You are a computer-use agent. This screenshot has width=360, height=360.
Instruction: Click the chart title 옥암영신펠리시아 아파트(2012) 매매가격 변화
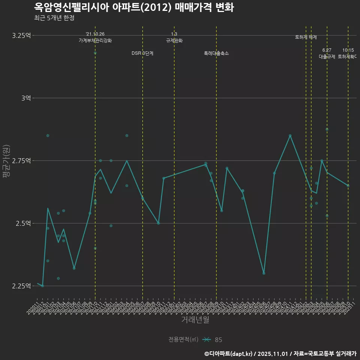coord(134,7)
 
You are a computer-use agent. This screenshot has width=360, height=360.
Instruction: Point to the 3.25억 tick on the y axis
coord(21,36)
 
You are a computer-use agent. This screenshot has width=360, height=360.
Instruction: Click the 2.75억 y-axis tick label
coord(21,160)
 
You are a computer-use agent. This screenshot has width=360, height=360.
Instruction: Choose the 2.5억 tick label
coord(23,223)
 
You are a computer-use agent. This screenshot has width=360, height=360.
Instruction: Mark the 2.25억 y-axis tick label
coord(21,286)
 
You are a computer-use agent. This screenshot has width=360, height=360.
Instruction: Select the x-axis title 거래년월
coord(195,320)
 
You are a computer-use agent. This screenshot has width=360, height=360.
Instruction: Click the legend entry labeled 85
coord(218,340)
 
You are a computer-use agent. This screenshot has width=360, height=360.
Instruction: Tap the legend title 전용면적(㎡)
coord(183,340)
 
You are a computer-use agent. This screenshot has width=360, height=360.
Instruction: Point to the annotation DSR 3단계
coord(142,53)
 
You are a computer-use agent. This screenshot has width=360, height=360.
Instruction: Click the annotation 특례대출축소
coord(216,53)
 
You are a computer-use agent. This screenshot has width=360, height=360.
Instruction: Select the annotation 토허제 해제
coord(306,37)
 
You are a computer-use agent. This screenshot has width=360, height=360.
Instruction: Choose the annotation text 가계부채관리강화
coord(95,40)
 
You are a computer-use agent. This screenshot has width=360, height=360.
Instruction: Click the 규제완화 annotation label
coord(174,40)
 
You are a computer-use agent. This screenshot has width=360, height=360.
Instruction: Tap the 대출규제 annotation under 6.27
coord(327,57)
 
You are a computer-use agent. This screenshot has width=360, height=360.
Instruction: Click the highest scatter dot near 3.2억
coord(95,53)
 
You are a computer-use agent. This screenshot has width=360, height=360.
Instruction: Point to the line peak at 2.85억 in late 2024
coord(290,135)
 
